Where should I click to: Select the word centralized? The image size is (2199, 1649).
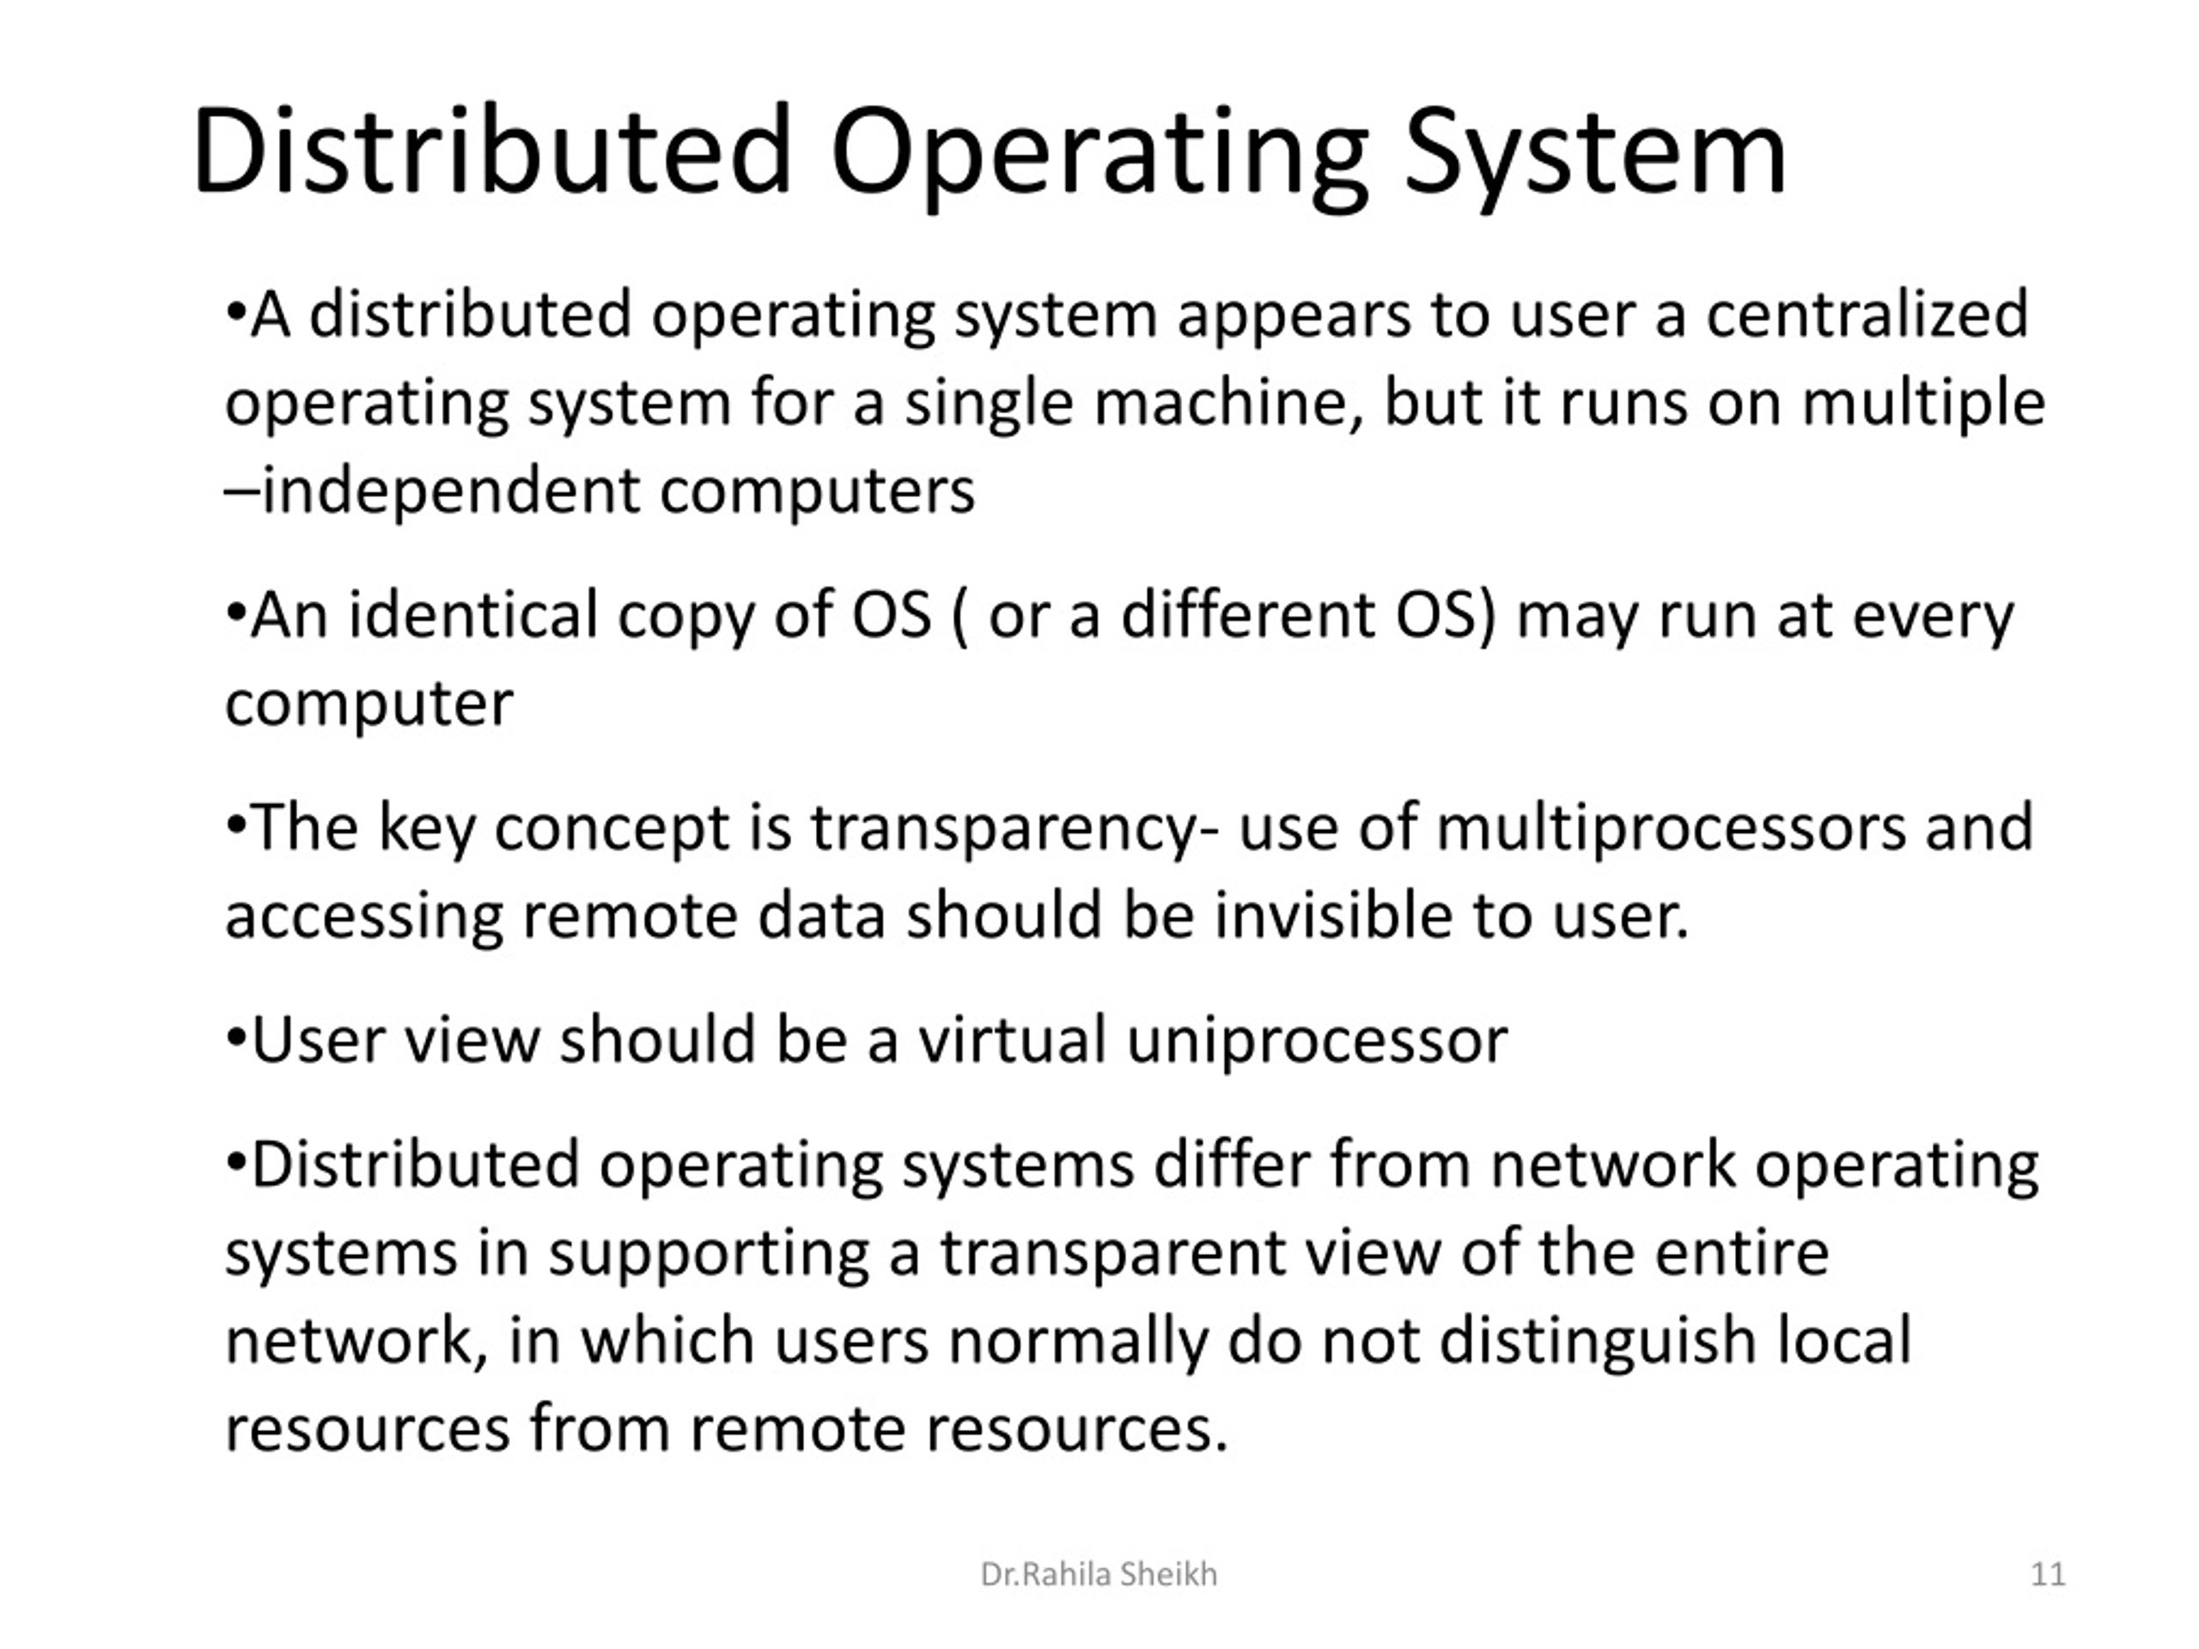click(x=1867, y=314)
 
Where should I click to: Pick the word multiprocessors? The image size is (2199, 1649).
click(x=1670, y=827)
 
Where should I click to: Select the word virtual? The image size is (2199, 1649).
click(x=1011, y=1040)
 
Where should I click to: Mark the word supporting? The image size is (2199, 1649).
click(x=709, y=1255)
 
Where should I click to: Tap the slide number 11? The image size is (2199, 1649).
click(x=2048, y=1574)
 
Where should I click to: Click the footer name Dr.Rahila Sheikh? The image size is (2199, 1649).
click(x=1099, y=1574)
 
